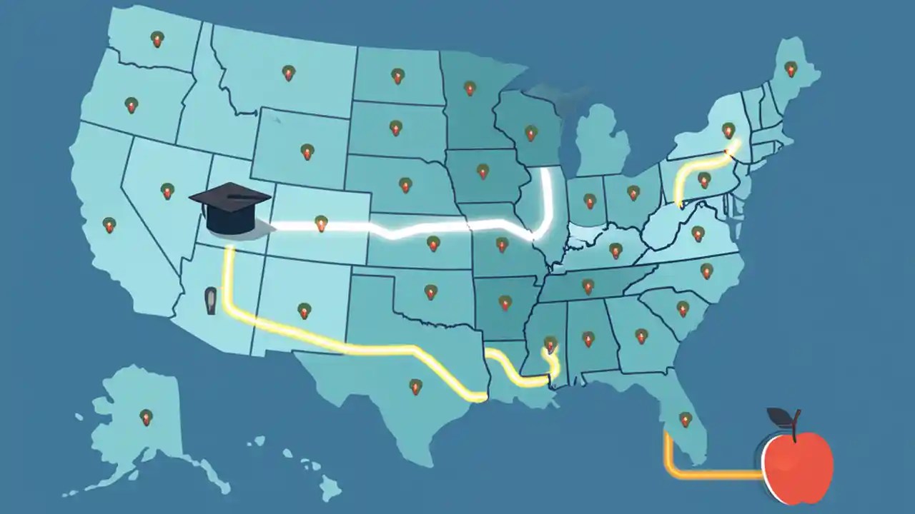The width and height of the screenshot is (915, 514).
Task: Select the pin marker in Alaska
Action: pyautogui.click(x=146, y=418)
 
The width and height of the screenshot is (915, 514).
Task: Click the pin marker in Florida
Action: pyautogui.click(x=685, y=420)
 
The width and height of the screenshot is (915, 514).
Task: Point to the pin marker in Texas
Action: pyautogui.click(x=415, y=387)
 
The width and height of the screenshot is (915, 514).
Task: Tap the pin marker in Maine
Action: pyautogui.click(x=790, y=69)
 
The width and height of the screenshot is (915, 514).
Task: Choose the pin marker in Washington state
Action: pyautogui.click(x=157, y=39)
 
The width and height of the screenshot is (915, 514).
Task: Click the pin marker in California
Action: pyautogui.click(x=109, y=226)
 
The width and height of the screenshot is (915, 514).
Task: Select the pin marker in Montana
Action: pyautogui.click(x=288, y=73)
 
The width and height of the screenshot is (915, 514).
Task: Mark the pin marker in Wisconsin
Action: pyautogui.click(x=530, y=133)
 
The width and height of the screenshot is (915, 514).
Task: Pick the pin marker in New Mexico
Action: pyautogui.click(x=305, y=311)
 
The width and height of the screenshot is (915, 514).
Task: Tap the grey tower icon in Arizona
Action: pyautogui.click(x=210, y=301)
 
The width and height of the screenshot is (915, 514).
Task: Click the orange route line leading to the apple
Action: pyautogui.click(x=708, y=473)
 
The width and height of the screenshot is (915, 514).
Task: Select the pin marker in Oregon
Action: pyautogui.click(x=131, y=106)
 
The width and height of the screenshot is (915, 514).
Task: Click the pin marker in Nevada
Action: pyautogui.click(x=167, y=191)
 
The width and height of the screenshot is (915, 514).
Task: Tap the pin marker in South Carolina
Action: pyautogui.click(x=683, y=309)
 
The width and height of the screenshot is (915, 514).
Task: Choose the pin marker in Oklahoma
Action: pyautogui.click(x=430, y=292)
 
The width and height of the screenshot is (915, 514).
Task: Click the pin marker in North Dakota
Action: pyautogui.click(x=397, y=75)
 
